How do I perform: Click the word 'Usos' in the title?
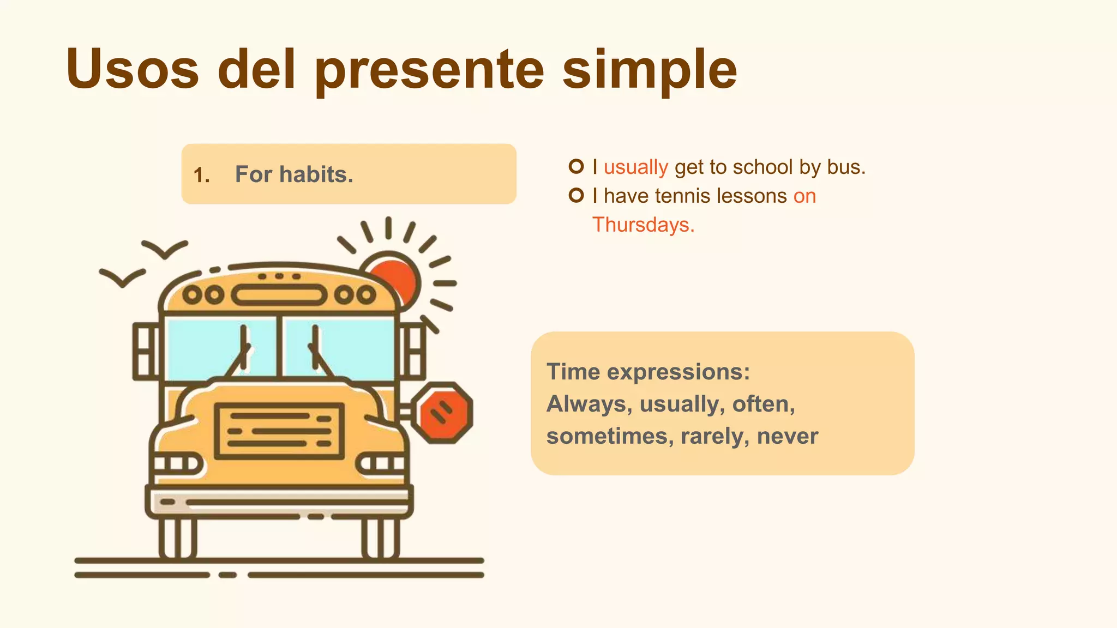point(133,69)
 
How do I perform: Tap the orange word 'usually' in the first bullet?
point(635,167)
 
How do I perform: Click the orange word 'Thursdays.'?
point(644,225)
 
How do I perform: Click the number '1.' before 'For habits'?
point(202,175)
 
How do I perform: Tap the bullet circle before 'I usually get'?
point(576,166)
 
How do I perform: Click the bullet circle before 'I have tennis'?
point(576,195)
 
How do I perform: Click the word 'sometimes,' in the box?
point(610,436)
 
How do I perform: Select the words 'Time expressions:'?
point(648,372)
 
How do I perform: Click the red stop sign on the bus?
point(442,412)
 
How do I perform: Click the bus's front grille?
point(279,431)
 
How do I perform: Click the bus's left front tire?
point(177,539)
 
